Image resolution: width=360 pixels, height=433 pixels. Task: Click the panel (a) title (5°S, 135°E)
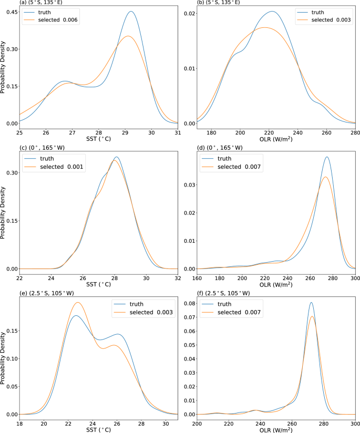pyautogui.click(x=25, y=3)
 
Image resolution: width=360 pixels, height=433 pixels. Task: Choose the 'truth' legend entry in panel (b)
pyautogui.click(x=317, y=12)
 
